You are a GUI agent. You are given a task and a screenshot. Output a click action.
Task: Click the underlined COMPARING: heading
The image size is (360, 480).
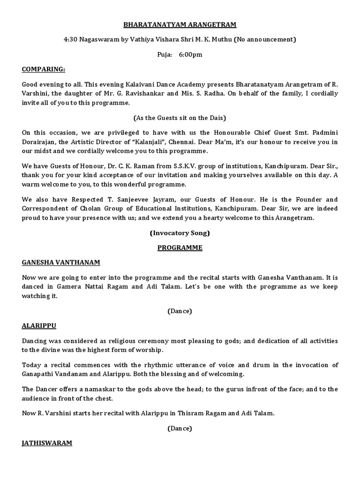tap(44, 69)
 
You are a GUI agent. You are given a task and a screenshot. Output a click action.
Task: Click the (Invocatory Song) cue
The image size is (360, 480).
tap(180, 233)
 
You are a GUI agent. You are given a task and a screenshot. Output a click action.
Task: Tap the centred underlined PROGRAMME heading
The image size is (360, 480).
tap(180, 248)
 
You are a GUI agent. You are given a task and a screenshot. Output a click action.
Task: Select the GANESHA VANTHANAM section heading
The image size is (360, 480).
tap(61, 263)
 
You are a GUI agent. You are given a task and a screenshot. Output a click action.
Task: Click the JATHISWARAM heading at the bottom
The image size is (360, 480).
tap(47, 443)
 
